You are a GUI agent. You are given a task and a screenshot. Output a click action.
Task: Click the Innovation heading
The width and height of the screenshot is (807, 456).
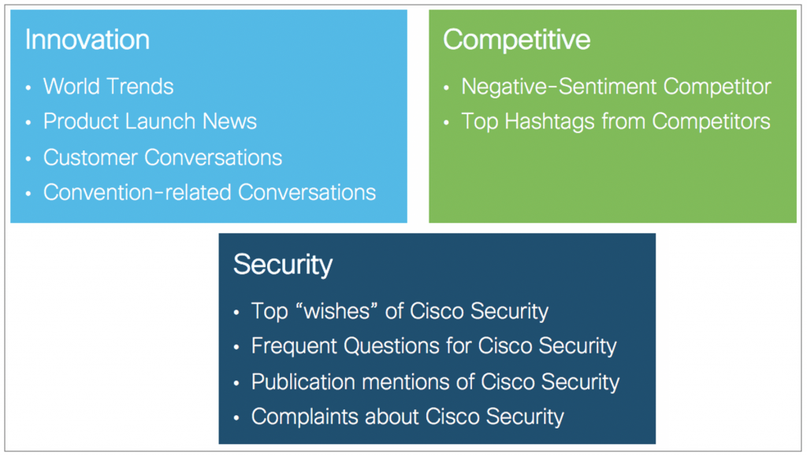pos(87,39)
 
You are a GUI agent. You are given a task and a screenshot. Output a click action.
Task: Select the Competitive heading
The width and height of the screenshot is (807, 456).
pos(517,39)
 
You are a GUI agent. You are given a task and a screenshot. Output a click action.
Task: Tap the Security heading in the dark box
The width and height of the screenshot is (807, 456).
pos(283,265)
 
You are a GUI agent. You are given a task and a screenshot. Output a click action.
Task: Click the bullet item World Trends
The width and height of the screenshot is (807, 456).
pos(108,87)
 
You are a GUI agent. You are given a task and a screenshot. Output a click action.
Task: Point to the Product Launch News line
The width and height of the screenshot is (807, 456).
pos(150,121)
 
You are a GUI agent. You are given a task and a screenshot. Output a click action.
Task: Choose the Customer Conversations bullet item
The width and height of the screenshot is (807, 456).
pos(162,158)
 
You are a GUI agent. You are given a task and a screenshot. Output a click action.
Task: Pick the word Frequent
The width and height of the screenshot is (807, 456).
pos(294,346)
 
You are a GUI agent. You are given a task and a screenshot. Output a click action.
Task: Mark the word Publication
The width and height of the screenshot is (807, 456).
pos(303,382)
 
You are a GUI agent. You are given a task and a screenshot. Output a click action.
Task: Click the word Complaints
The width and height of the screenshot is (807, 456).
pos(305,417)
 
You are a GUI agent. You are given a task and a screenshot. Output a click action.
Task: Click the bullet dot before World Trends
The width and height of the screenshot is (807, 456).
pos(28,88)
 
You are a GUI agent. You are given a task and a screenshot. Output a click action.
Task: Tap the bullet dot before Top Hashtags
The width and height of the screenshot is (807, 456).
pos(446,123)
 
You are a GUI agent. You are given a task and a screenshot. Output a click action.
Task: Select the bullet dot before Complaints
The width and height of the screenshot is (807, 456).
pos(236,418)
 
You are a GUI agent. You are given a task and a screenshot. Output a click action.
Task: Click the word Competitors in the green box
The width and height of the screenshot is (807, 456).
pos(712,122)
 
